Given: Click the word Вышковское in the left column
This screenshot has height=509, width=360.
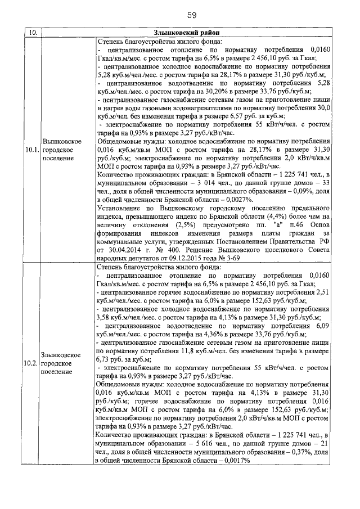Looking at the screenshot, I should point(64,141).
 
